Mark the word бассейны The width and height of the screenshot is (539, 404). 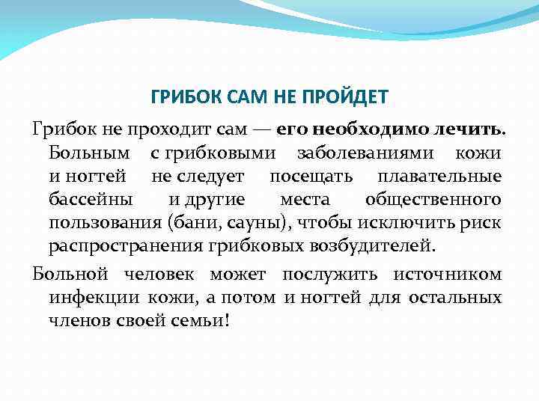pyautogui.click(x=91, y=200)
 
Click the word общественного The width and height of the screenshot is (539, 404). pyautogui.click(x=433, y=200)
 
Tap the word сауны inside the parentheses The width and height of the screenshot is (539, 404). pyautogui.click(x=250, y=223)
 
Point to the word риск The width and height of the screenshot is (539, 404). pyautogui.click(x=483, y=223)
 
